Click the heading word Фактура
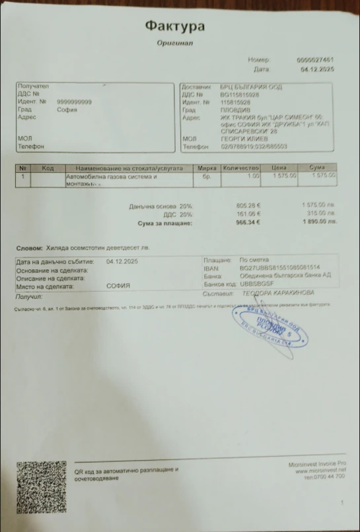click(175, 26)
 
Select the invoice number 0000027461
click(315, 60)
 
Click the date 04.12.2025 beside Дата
click(318, 69)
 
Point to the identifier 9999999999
click(75, 102)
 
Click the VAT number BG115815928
click(240, 94)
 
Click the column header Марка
click(207, 168)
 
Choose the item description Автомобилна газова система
click(111, 177)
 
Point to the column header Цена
click(283, 168)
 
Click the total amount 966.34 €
click(248, 223)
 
